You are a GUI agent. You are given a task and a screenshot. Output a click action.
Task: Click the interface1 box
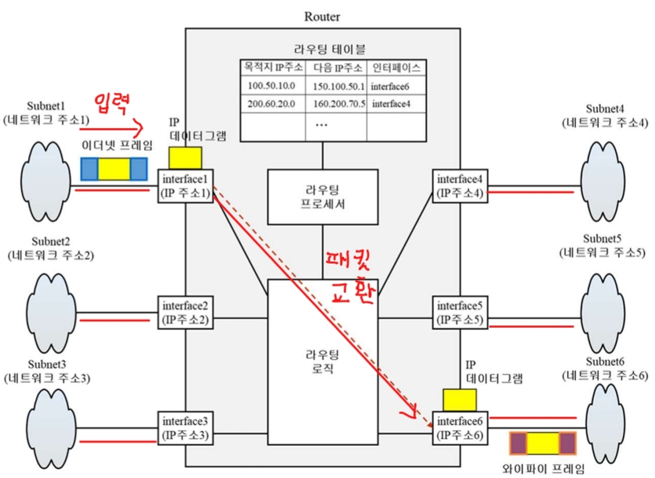pyautogui.click(x=185, y=185)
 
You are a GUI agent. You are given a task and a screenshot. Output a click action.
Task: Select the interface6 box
pyautogui.click(x=460, y=428)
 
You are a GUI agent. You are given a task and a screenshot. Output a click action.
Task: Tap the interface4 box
pyautogui.click(x=460, y=185)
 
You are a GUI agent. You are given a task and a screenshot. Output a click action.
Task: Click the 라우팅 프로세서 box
pyautogui.click(x=322, y=197)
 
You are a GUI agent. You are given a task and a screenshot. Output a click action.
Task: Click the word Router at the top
pyautogui.click(x=322, y=17)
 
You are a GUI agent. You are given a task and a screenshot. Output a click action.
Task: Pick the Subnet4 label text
pyautogui.click(x=606, y=109)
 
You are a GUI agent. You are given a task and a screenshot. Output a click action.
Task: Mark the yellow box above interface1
pyautogui.click(x=185, y=158)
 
